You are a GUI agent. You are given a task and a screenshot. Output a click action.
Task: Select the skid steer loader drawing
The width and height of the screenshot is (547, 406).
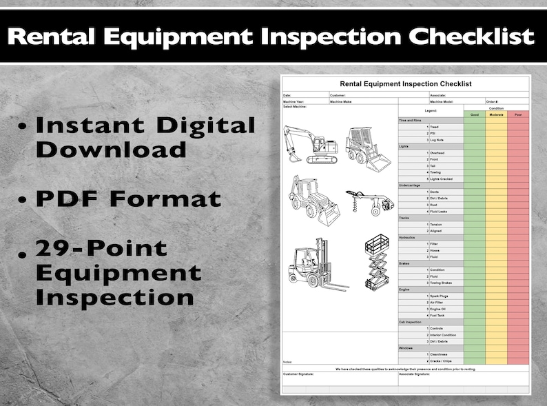[367, 148]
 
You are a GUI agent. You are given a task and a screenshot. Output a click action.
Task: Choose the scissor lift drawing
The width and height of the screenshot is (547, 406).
[375, 262]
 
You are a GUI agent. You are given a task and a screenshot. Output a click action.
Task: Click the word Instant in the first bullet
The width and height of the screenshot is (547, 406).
[89, 125]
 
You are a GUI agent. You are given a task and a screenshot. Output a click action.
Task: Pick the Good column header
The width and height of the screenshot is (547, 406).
[474, 114]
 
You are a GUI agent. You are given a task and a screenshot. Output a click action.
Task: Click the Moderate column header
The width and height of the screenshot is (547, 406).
[496, 114]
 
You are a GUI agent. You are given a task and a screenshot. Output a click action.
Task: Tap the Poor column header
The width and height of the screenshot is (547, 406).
[517, 114]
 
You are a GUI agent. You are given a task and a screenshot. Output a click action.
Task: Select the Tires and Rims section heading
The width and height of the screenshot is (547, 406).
[411, 121]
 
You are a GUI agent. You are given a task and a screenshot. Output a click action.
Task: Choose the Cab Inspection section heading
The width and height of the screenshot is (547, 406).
[411, 322]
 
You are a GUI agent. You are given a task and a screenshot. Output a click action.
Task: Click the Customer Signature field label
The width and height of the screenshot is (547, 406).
[298, 374]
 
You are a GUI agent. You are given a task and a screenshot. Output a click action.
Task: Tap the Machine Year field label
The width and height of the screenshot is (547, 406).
[294, 102]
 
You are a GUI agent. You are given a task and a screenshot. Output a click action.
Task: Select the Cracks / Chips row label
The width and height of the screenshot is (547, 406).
[442, 361]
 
